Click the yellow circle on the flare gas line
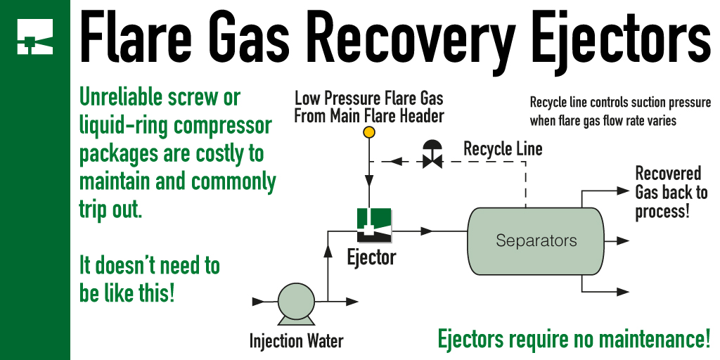[x=368, y=132]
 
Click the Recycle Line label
[x=502, y=150]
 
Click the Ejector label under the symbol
[x=371, y=258]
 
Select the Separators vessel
[x=536, y=240]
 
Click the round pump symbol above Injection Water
[x=294, y=302]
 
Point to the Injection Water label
[x=296, y=342]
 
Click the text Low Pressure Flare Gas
[x=368, y=98]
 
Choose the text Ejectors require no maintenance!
[x=574, y=339]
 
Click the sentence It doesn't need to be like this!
[x=149, y=279]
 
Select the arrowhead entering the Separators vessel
[x=426, y=231]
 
